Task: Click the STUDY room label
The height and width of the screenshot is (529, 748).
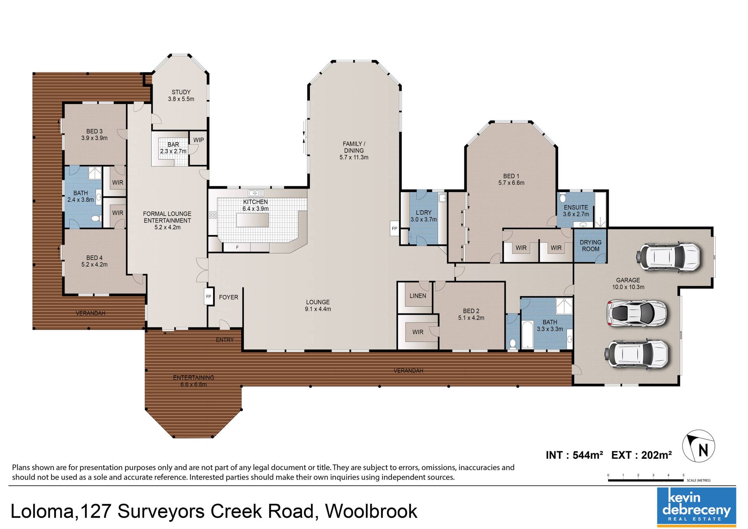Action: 181,92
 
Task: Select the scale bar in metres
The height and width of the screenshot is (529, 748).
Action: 646,480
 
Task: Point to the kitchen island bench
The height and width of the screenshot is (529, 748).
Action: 252,220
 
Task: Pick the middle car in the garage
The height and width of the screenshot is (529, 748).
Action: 637,312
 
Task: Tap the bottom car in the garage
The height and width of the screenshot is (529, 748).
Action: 637,354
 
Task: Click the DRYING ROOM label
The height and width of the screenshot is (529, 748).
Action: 591,246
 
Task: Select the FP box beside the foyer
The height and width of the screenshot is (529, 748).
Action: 208,297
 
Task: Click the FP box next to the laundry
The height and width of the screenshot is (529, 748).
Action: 395,228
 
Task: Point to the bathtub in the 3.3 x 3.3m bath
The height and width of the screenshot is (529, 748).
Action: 527,334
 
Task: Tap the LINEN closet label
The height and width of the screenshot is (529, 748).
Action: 418,296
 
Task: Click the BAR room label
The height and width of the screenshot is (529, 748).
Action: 173,145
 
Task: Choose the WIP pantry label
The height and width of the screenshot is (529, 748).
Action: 199,140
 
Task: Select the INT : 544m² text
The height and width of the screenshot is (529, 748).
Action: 574,455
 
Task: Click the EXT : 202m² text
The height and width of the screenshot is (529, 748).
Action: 641,455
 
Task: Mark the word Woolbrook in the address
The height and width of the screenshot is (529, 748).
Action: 371,511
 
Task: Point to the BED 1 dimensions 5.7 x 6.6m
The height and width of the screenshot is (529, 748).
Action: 511,183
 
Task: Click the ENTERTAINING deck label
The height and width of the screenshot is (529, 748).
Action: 194,377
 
